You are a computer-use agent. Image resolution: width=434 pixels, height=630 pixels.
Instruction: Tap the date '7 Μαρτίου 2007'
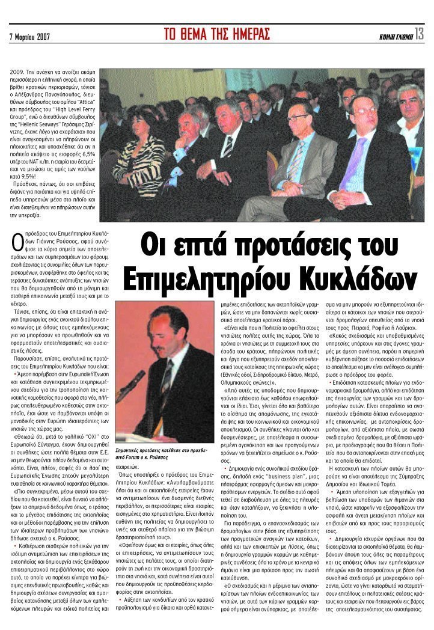tap(29, 37)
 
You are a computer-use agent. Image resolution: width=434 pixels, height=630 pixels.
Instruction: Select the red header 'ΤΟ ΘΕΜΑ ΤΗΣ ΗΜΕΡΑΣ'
tap(217, 34)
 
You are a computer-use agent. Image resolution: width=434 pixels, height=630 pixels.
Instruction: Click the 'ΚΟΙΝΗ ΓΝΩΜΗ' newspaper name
tap(396, 37)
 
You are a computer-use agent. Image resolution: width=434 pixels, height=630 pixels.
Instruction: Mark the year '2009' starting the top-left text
tap(17, 71)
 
